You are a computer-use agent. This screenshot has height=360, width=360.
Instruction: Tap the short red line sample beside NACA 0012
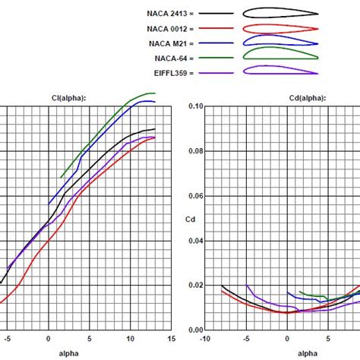click(x=218, y=29)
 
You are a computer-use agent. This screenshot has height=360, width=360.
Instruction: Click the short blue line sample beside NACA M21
click(x=218, y=43)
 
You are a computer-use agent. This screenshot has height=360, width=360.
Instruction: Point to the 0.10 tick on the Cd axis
click(x=196, y=106)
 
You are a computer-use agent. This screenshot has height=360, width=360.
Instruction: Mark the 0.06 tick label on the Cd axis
click(x=196, y=196)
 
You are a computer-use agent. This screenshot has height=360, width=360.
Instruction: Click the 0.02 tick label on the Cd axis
click(x=196, y=285)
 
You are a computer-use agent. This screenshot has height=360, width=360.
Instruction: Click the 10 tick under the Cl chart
click(x=129, y=339)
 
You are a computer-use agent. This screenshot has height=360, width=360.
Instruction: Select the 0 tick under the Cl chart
click(x=49, y=339)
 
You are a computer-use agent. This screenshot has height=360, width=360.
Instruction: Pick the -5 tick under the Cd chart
click(x=245, y=339)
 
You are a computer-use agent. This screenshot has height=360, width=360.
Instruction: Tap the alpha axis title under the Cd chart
click(x=308, y=353)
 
